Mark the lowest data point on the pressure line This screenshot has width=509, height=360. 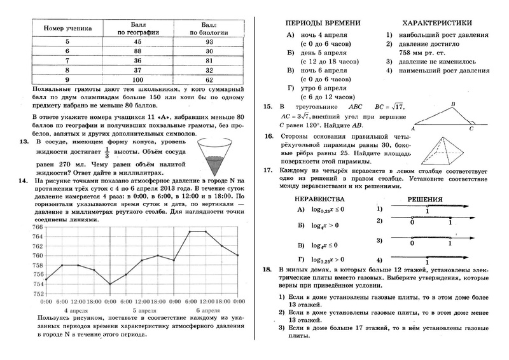tap(110, 284)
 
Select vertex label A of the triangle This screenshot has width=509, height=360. tap(413, 128)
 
